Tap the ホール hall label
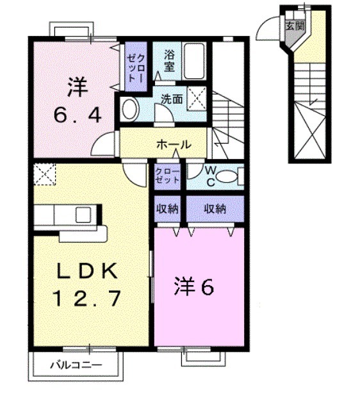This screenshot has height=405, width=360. pyautogui.click(x=173, y=145)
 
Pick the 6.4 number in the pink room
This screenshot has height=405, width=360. pyautogui.click(x=77, y=116)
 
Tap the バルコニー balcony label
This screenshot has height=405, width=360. pyautogui.click(x=76, y=365)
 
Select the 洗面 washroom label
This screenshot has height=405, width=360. pyautogui.click(x=172, y=99)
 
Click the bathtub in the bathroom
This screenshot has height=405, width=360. pyautogui.click(x=194, y=60)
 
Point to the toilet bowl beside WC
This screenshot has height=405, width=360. pyautogui.click(x=236, y=175)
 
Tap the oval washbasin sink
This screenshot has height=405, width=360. pyautogui.click(x=129, y=109)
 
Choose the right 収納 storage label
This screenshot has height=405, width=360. pyautogui.click(x=215, y=208)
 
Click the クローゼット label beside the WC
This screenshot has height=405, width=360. pyautogui.click(x=167, y=176)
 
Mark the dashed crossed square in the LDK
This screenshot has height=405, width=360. pyautogui.click(x=45, y=173)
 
